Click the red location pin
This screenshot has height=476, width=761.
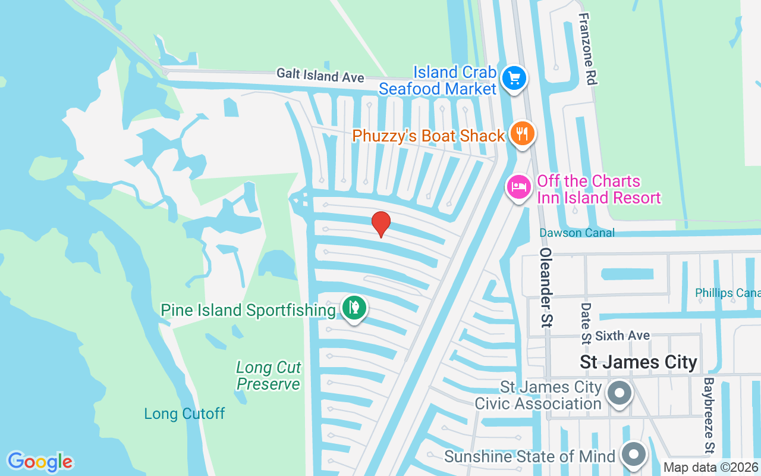(x=380, y=224)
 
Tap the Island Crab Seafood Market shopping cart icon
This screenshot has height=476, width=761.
(x=514, y=79)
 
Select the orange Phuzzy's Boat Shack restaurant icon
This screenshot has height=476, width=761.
(x=521, y=133)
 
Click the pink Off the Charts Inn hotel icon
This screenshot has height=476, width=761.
(x=518, y=187)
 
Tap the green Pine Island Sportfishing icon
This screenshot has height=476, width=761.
(x=354, y=308)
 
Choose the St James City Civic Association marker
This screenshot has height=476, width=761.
(x=620, y=393)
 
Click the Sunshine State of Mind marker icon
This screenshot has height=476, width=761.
(x=634, y=455)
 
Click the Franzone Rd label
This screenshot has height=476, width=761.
(x=587, y=49)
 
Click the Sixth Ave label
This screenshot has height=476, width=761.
(x=622, y=336)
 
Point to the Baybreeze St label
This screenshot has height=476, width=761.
(x=708, y=415)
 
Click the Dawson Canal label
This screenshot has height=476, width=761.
(x=577, y=233)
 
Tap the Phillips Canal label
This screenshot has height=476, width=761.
(x=727, y=293)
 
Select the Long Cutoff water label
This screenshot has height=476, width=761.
(x=184, y=414)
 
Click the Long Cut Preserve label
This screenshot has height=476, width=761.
(x=269, y=375)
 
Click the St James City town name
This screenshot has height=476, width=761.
(x=638, y=362)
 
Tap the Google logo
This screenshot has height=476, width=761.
(x=40, y=461)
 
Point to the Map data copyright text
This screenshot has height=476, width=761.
(x=711, y=467)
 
